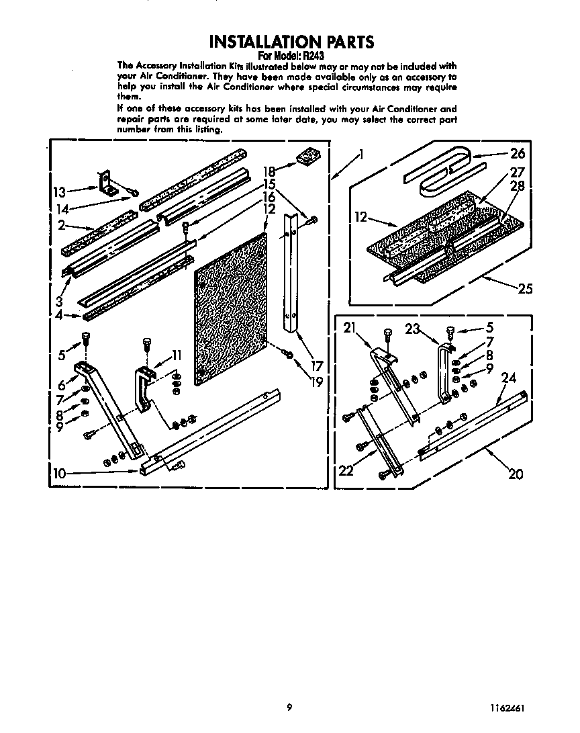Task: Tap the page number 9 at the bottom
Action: pyautogui.click(x=289, y=707)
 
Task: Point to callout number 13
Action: pyautogui.click(x=59, y=192)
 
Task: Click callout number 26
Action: pyautogui.click(x=517, y=153)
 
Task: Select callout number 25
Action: pyautogui.click(x=525, y=289)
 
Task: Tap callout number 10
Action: pyautogui.click(x=59, y=474)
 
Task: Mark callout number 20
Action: pyautogui.click(x=515, y=474)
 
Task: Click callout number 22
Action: pyautogui.click(x=346, y=470)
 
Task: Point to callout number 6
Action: pyautogui.click(x=61, y=385)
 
